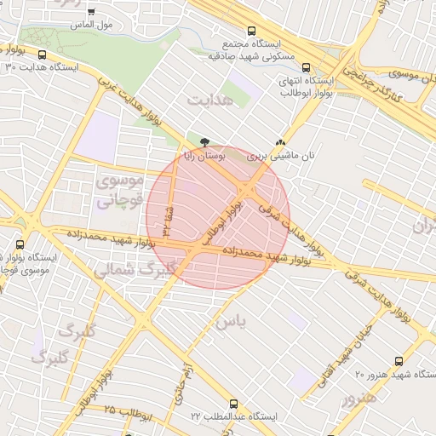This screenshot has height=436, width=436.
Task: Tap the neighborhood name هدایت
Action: coord(209,100)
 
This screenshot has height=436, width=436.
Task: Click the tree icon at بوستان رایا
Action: coord(204,141)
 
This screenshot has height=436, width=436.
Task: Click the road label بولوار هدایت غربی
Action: coord(136,106)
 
